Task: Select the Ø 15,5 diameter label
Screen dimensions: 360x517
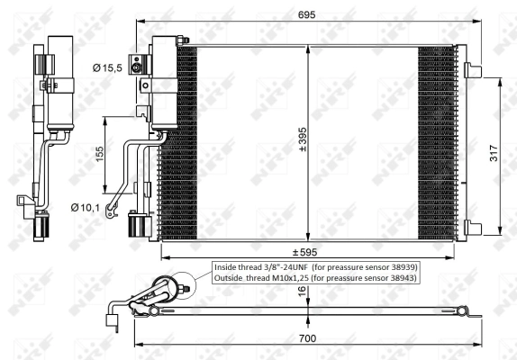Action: click(x=109, y=67)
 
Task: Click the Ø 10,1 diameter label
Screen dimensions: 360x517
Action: click(x=86, y=208)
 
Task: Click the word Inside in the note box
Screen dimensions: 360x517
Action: click(x=226, y=267)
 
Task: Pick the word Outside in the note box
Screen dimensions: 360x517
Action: click(x=230, y=279)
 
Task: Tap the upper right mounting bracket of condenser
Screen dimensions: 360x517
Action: click(x=472, y=68)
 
